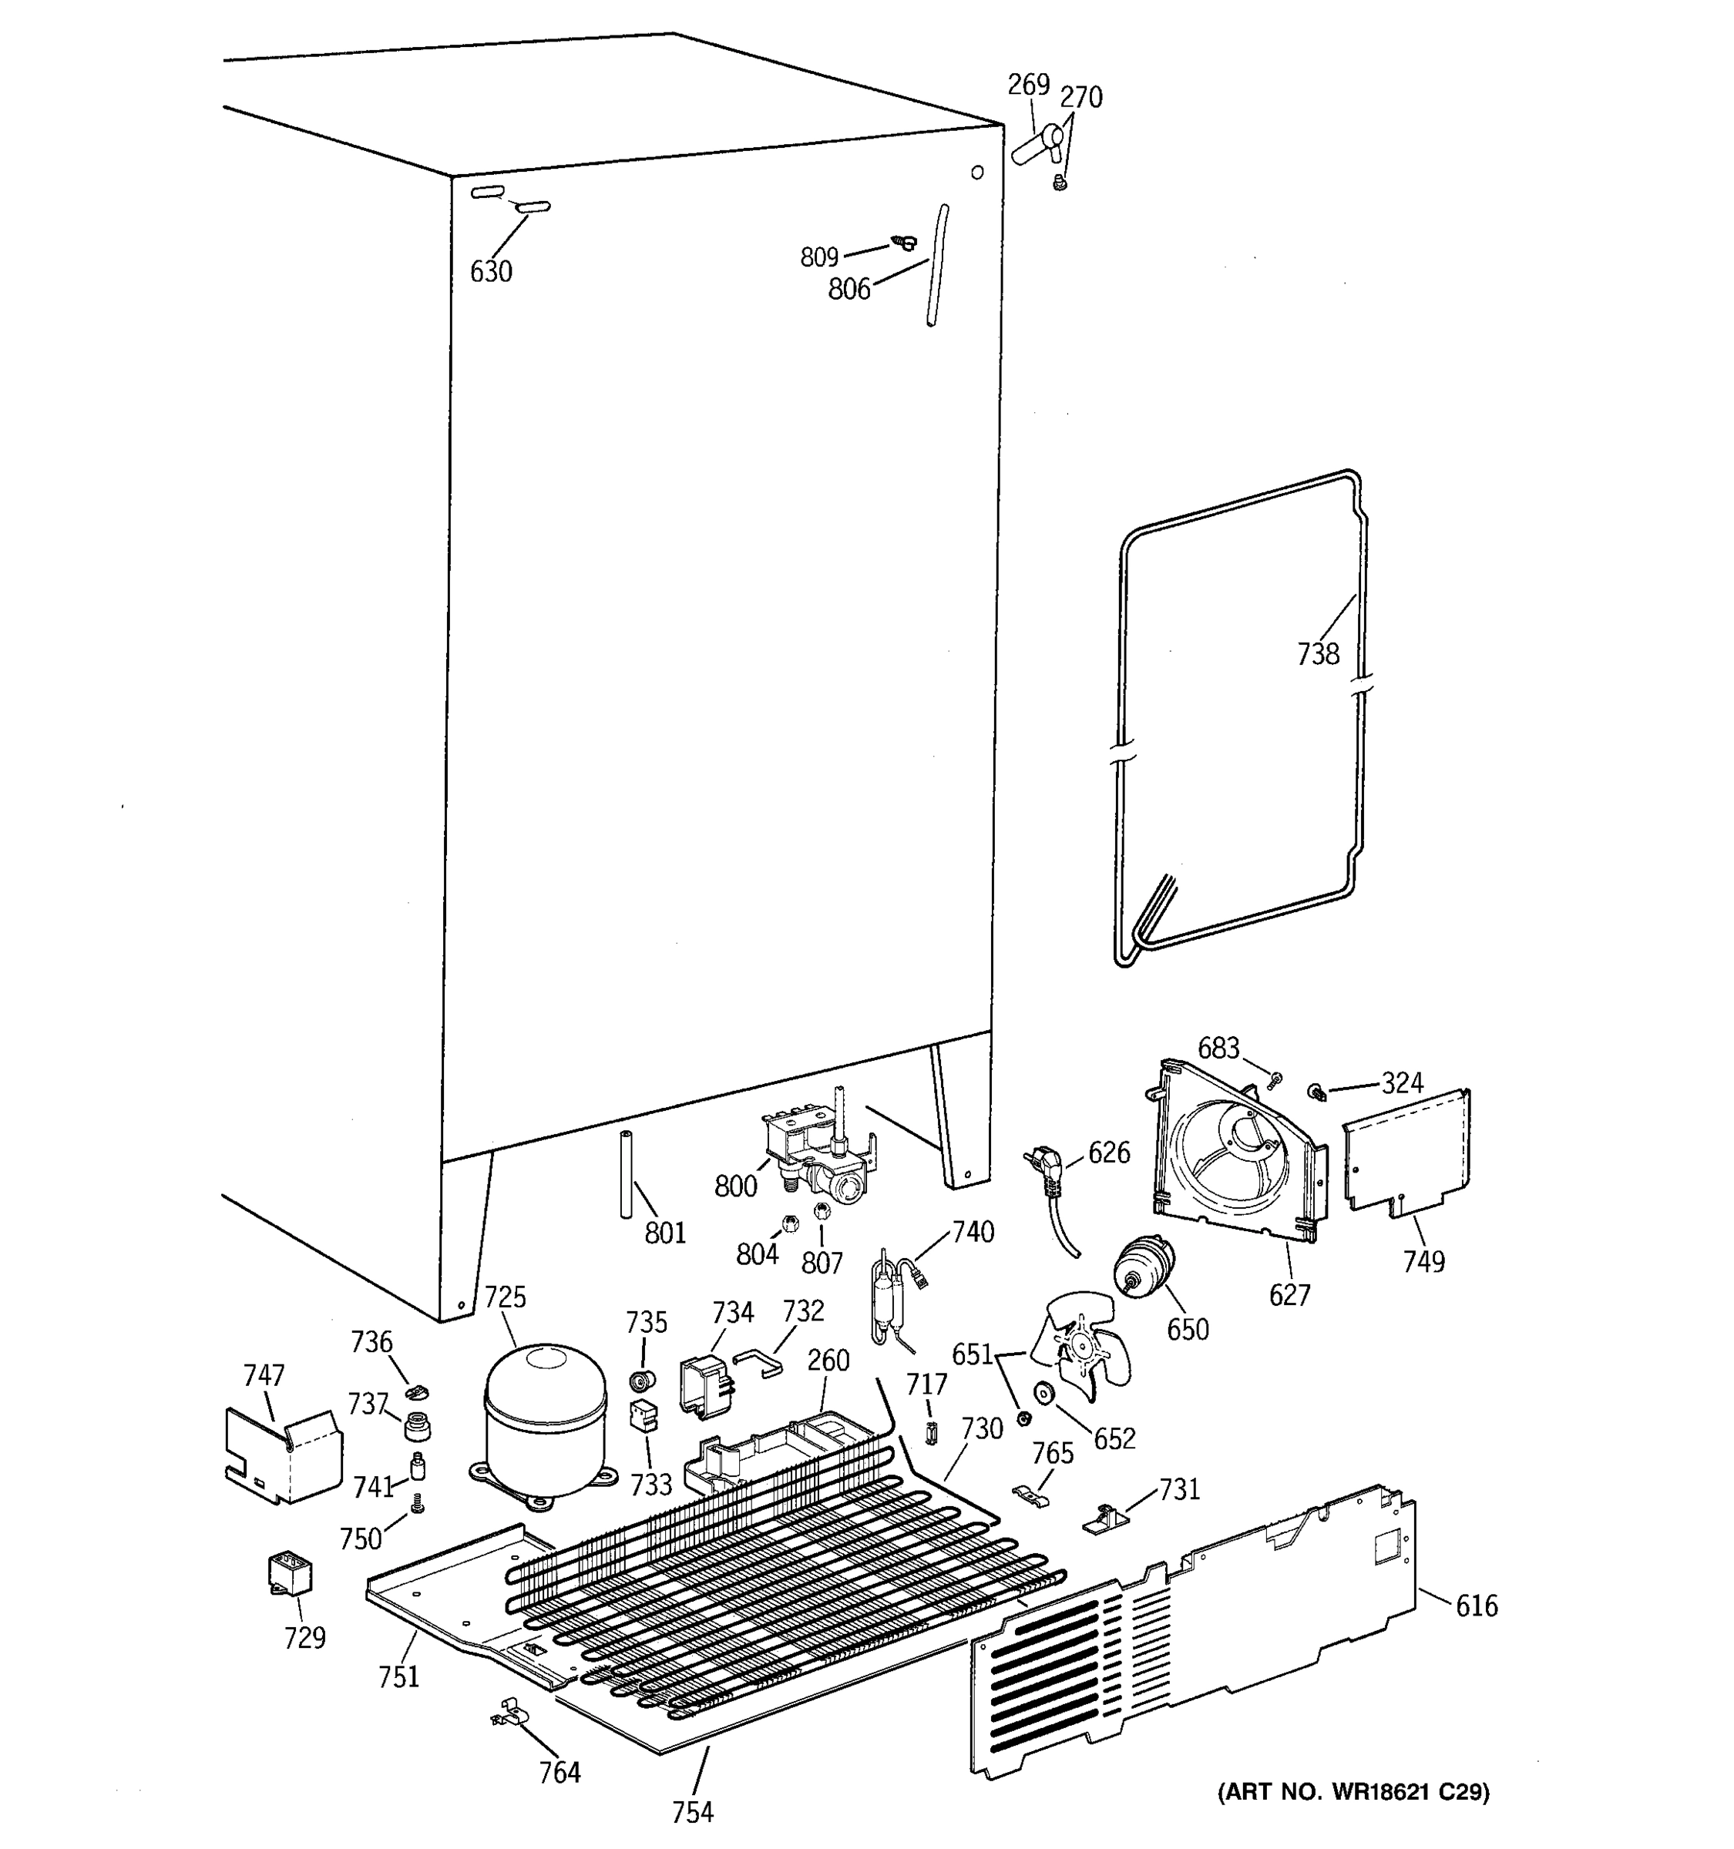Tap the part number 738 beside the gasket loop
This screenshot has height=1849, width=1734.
(x=1317, y=655)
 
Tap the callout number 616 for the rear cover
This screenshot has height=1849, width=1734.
(x=1477, y=1606)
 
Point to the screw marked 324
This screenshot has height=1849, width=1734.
(x=1318, y=1090)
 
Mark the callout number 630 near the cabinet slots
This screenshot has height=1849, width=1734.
(x=490, y=272)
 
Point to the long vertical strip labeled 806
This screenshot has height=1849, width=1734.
(x=936, y=266)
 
